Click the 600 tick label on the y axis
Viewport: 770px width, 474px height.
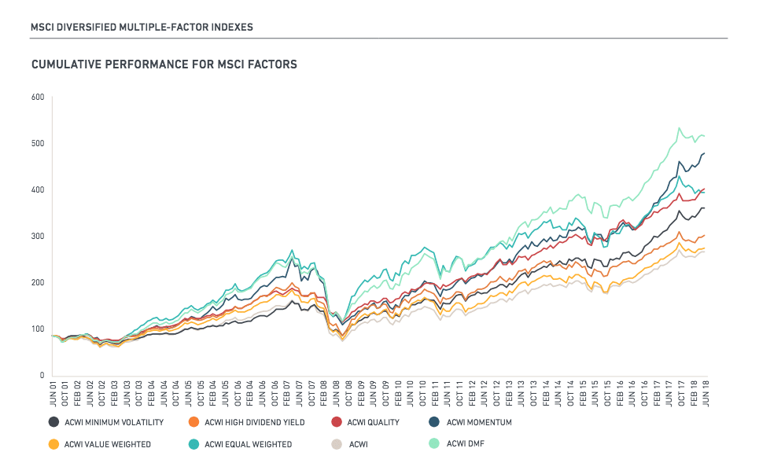37,97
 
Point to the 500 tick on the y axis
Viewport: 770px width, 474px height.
37,144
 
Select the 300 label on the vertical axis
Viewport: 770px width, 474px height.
37,237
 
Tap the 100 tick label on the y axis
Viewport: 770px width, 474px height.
37,329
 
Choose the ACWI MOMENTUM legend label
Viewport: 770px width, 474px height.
479,423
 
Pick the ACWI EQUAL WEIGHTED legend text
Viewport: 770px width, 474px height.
248,445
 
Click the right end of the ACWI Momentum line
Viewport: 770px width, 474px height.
704,153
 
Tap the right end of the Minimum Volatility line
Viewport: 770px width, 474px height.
704,208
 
